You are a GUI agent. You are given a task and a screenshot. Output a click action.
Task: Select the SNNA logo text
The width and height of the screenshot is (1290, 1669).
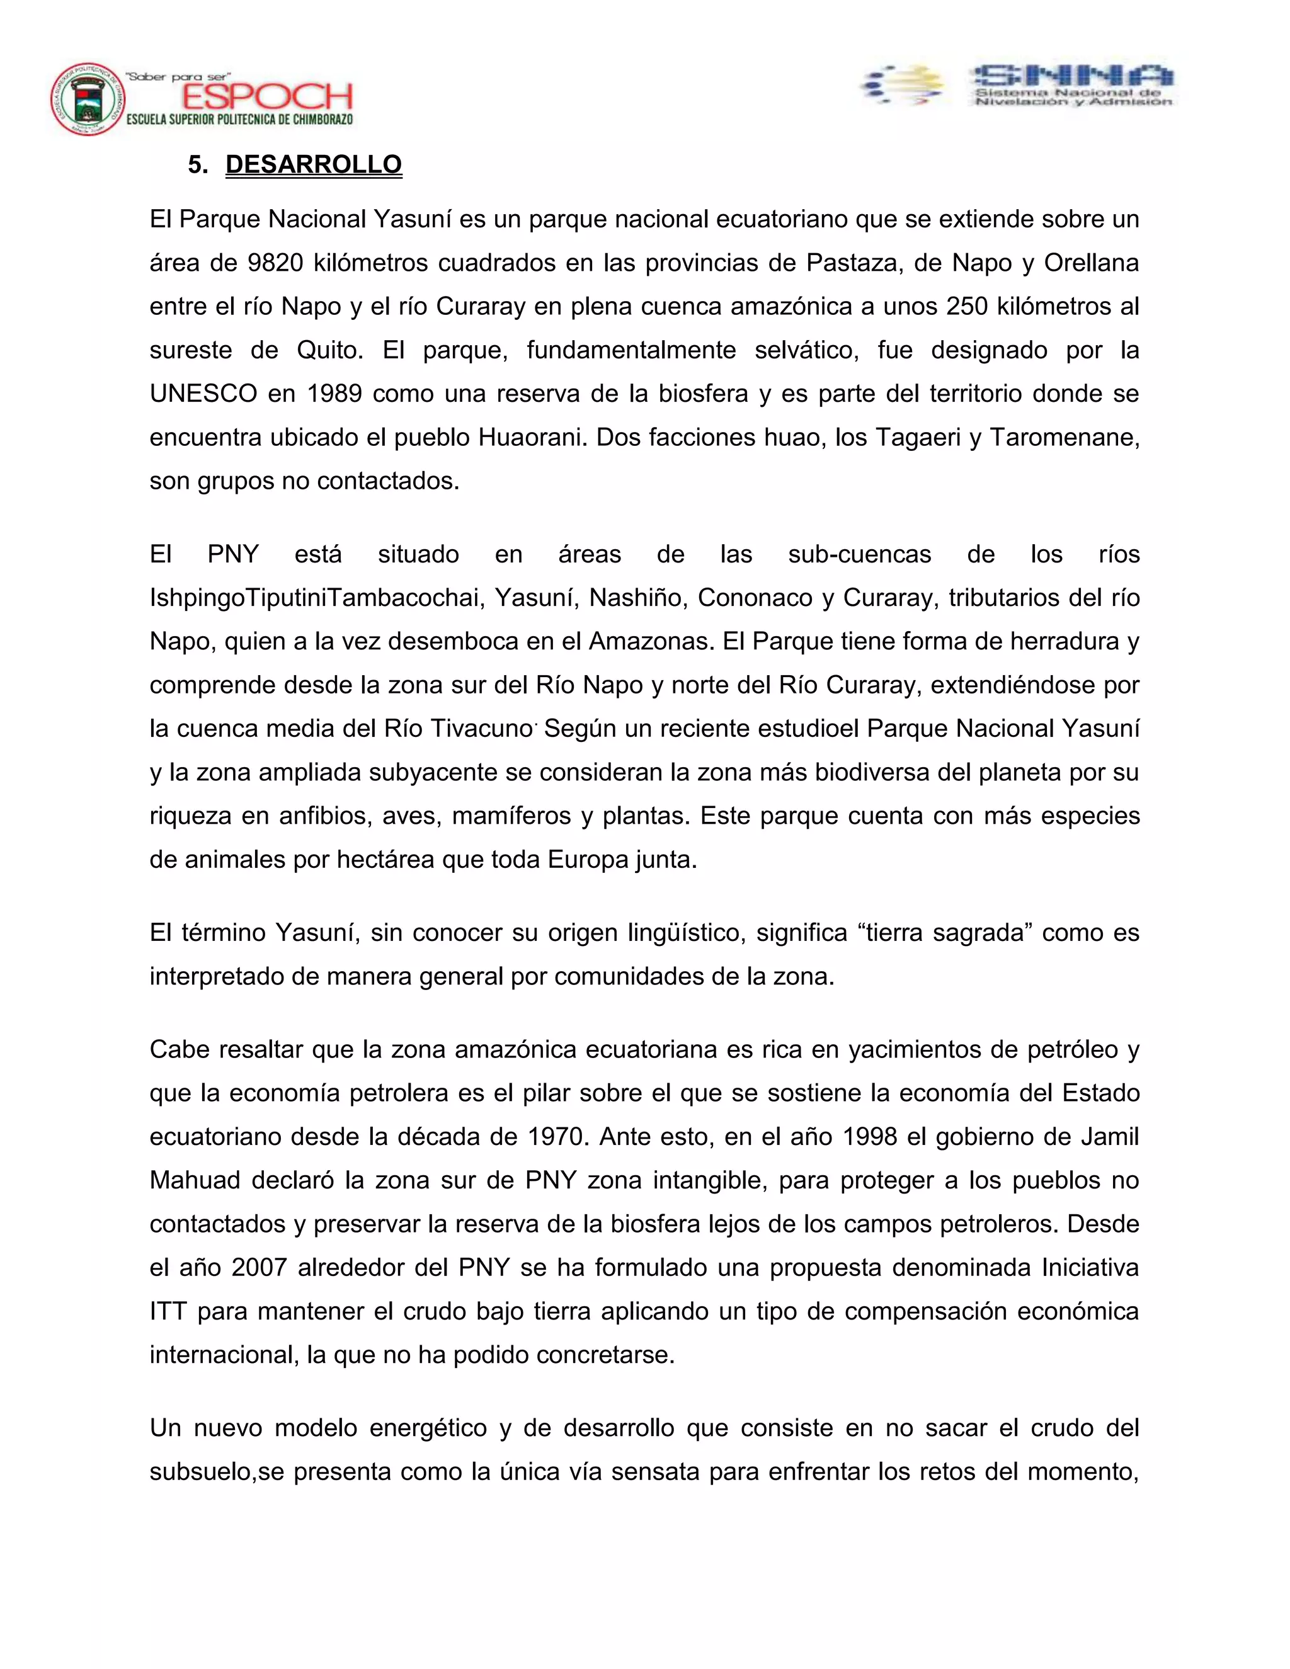[1071, 76]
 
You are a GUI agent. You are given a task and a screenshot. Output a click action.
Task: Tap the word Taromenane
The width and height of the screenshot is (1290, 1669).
[1064, 437]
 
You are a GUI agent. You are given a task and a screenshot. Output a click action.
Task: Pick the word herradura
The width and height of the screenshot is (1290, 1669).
[1065, 641]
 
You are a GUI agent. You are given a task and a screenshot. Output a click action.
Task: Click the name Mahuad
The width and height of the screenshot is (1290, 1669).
[195, 1180]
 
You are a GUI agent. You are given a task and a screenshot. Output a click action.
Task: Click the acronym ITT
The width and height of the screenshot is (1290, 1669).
[168, 1311]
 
